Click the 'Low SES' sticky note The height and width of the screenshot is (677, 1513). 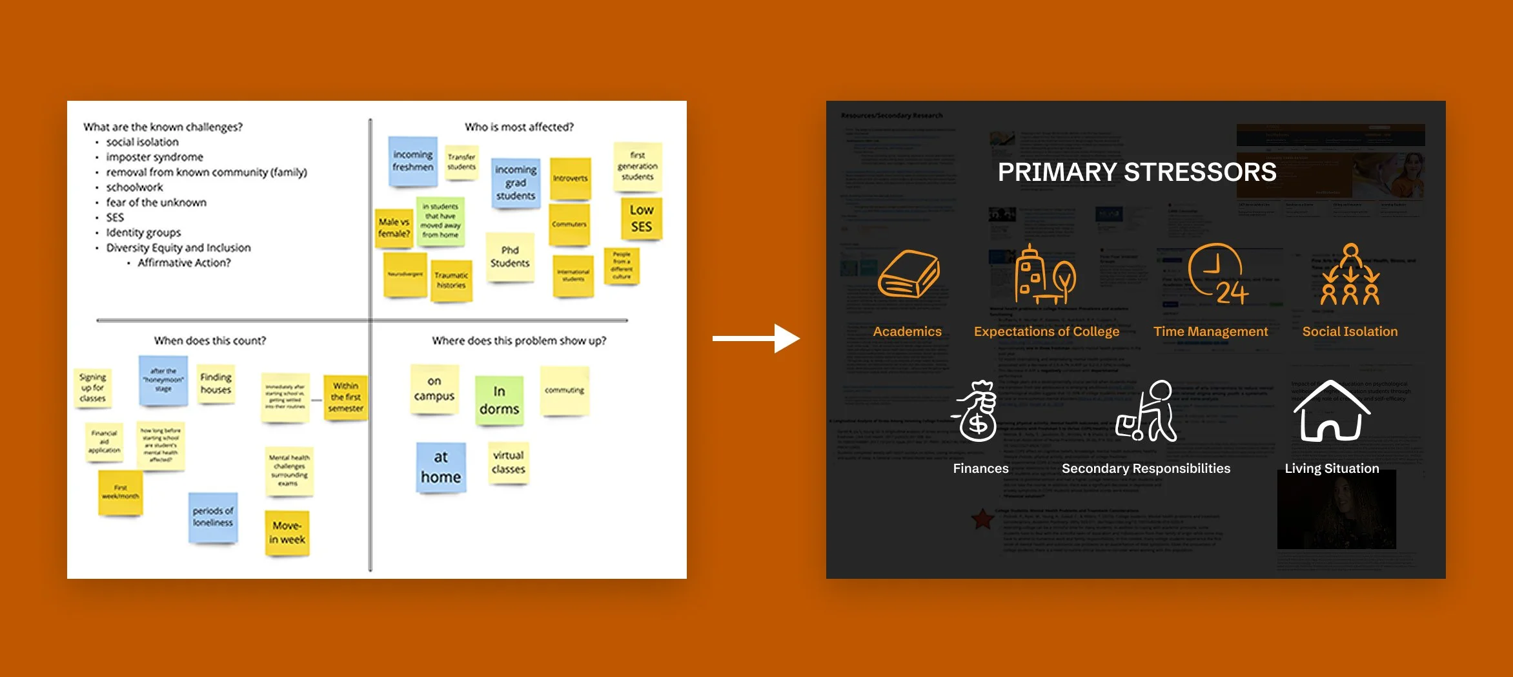click(642, 218)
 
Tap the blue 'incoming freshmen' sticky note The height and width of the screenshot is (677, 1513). click(413, 161)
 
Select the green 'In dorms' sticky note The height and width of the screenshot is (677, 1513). click(499, 401)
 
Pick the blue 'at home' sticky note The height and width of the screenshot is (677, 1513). click(441, 467)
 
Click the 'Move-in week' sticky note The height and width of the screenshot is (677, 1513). click(287, 533)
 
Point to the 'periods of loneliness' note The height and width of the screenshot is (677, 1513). click(213, 517)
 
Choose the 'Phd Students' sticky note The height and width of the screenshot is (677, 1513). click(510, 257)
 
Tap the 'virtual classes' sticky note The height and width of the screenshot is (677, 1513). click(509, 463)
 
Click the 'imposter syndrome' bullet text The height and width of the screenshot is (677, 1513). click(154, 157)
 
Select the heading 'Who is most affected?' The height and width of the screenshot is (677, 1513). click(519, 127)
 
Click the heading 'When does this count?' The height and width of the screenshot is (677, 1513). click(210, 340)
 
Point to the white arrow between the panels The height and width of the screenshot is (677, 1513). click(756, 338)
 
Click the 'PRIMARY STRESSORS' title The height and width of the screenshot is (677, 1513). click(1137, 172)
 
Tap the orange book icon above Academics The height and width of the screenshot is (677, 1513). click(908, 274)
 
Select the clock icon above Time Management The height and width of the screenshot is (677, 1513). click(1217, 274)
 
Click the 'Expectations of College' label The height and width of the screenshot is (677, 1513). click(1046, 331)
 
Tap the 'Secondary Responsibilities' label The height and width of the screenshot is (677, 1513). click(1146, 468)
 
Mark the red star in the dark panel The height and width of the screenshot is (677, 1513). click(982, 518)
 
